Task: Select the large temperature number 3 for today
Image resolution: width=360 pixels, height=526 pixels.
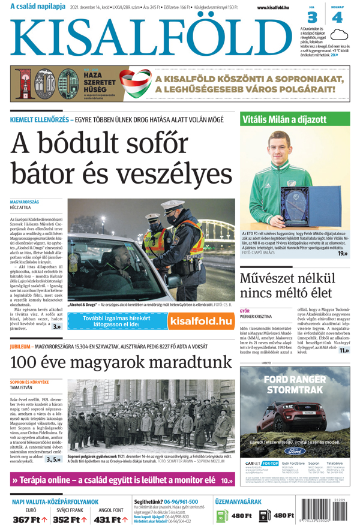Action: [x=313, y=17]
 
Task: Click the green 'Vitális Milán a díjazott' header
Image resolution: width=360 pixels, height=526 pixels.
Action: [x=295, y=119]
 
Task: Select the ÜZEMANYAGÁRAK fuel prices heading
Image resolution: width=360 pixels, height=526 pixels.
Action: [x=238, y=501]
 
